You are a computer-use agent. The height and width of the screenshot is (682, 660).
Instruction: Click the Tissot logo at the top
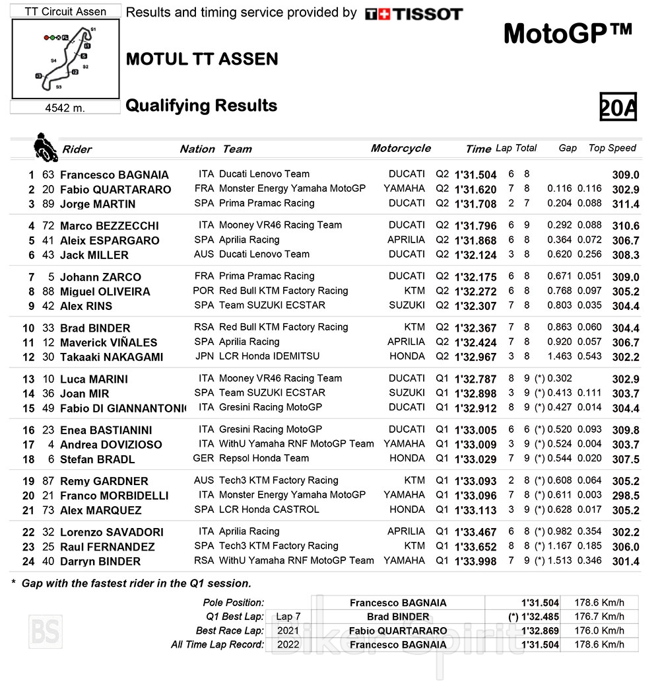coord(414,14)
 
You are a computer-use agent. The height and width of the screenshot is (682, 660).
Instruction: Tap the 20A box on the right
coord(618,107)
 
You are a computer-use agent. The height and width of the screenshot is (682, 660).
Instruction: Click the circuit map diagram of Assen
coord(66,59)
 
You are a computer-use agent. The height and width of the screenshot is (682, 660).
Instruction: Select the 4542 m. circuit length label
coord(65,108)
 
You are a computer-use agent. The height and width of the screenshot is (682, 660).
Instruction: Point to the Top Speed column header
coord(612,148)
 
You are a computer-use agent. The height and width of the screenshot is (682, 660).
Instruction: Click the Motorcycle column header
coord(401,148)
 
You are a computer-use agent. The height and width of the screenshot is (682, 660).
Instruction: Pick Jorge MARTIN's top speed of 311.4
coord(626,204)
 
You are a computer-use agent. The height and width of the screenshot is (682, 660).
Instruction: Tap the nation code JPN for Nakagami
coord(205,356)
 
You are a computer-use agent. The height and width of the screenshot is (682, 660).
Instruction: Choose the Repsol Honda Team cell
coord(264,458)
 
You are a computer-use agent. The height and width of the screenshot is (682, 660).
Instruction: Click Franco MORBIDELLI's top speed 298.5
coord(626,496)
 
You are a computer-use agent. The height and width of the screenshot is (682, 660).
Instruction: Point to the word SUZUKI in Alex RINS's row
coord(407,305)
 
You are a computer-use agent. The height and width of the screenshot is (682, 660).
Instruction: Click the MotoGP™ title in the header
coord(568,33)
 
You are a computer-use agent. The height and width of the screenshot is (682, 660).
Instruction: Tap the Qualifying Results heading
coord(201,106)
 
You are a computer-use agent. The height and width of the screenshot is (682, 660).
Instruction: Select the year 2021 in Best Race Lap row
coord(288,630)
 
